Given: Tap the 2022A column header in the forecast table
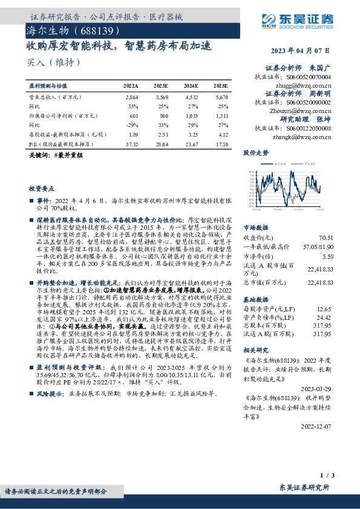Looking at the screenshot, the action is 131,87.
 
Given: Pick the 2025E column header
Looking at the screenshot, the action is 220,87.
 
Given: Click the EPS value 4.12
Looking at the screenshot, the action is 223,133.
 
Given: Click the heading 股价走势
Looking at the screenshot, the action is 255,154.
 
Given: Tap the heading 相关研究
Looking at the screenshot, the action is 255,351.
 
